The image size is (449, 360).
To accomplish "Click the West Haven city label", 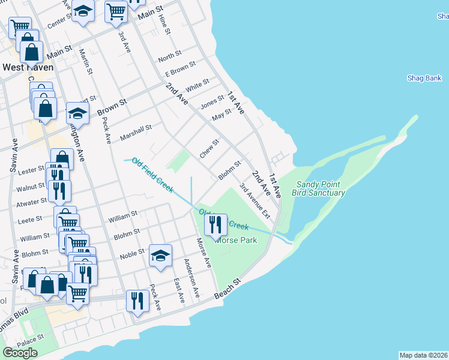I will point(28,67).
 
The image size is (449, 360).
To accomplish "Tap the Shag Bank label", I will point(424,78).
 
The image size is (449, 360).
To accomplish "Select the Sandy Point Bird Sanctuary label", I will point(318,189).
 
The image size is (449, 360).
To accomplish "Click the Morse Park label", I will point(238,240).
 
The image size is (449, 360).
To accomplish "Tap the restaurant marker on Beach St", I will point(137,300).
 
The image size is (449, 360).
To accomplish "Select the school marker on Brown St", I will point(77,113).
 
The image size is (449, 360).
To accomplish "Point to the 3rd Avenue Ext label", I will point(255,200).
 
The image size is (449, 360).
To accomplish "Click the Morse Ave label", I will point(204,253).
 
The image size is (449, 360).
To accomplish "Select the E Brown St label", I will point(181,68).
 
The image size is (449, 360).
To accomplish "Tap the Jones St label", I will point(212,103).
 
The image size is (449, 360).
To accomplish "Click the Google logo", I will point(20,352).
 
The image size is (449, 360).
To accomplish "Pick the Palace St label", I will point(28,343).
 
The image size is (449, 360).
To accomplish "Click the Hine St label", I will point(163,26).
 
